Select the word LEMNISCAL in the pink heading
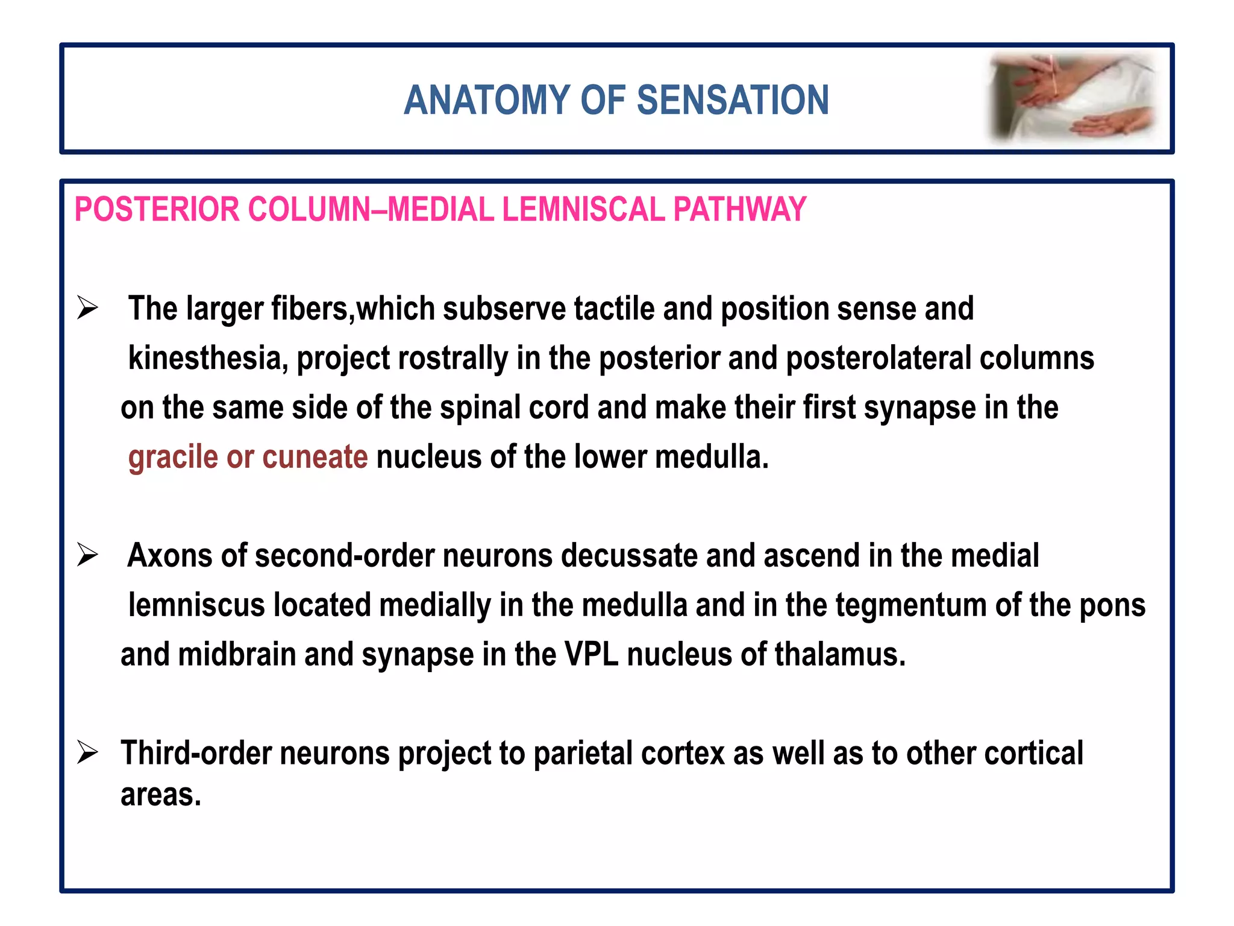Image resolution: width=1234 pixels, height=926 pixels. [x=583, y=210]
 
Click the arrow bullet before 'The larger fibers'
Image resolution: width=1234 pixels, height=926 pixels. [x=87, y=309]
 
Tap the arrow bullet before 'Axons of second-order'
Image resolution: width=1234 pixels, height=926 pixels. [x=87, y=555]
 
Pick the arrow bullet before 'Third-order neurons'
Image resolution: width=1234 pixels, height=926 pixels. [x=87, y=753]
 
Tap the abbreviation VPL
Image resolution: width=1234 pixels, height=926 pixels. [x=591, y=654]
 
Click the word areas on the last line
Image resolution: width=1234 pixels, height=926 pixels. [x=160, y=795]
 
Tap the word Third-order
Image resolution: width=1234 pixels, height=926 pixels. [x=195, y=753]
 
